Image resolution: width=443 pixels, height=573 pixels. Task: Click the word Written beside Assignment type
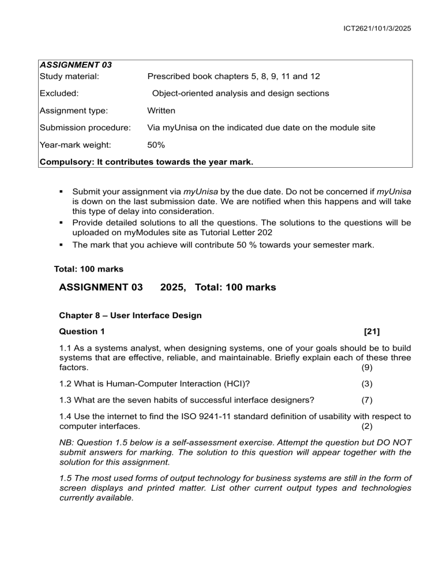pyautogui.click(x=162, y=110)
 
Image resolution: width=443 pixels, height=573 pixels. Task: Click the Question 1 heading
pyautogui.click(x=82, y=331)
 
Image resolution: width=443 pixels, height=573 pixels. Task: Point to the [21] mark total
pyautogui.click(x=372, y=331)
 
